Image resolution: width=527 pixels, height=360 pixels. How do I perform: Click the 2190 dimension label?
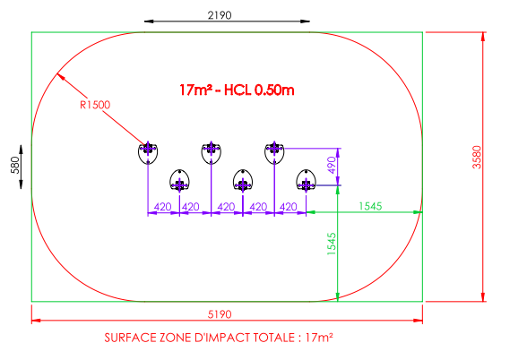click(x=220, y=15)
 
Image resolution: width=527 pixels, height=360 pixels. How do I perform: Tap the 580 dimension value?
click(x=15, y=165)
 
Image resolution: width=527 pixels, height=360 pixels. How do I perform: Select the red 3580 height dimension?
click(x=477, y=157)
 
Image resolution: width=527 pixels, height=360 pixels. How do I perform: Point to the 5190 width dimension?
click(x=220, y=314)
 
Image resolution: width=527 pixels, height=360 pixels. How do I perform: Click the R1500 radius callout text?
click(x=95, y=105)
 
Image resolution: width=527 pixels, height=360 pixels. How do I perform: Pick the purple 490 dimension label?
click(x=332, y=165)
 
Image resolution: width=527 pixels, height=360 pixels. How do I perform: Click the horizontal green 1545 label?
click(x=370, y=206)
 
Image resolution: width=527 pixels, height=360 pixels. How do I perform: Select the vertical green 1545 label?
click(x=332, y=244)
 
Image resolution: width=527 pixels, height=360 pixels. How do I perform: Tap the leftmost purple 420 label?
click(x=163, y=207)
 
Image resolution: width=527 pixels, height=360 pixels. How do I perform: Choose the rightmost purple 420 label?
click(x=289, y=207)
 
